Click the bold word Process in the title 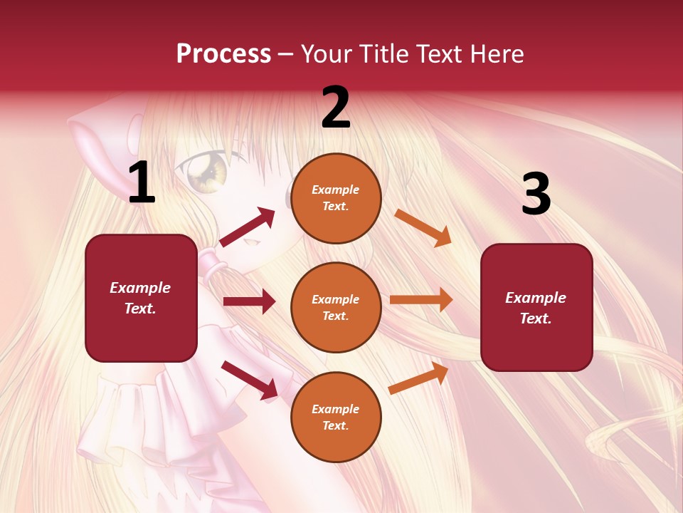[223, 53]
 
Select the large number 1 [142, 183]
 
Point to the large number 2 [336, 108]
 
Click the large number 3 [536, 195]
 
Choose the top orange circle [336, 198]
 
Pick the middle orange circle [336, 307]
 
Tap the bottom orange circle [336, 417]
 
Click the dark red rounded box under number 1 [141, 298]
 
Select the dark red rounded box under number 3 [536, 307]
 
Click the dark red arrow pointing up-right [248, 227]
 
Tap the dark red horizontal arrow [249, 301]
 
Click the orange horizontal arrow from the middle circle [421, 299]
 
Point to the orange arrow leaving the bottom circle [419, 378]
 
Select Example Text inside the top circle [336, 198]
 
